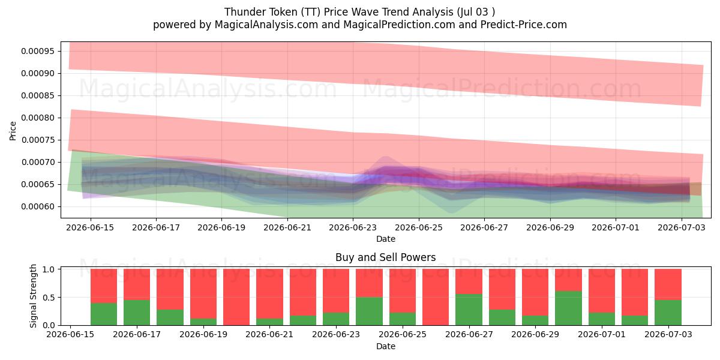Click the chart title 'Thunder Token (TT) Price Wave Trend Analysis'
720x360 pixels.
(x=339, y=12)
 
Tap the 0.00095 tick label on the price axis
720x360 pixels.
(x=38, y=51)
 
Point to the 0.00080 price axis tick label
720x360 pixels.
(x=38, y=118)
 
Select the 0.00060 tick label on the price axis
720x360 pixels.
(x=38, y=206)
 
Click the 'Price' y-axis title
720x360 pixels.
(x=13, y=131)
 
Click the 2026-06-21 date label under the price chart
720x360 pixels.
(x=287, y=227)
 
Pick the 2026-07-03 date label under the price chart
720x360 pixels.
(x=682, y=227)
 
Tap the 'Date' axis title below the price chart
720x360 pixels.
(x=386, y=239)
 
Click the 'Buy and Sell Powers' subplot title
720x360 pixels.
(x=386, y=257)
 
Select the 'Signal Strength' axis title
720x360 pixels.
(x=33, y=296)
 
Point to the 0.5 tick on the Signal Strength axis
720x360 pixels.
(x=49, y=298)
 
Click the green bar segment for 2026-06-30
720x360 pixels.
(x=568, y=308)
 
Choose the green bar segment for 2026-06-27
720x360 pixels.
(x=469, y=310)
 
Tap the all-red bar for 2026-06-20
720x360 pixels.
(x=236, y=297)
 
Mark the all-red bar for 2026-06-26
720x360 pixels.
(x=436, y=297)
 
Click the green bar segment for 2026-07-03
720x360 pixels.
(x=668, y=313)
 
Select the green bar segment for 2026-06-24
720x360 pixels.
(x=369, y=311)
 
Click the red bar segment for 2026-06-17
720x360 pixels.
(x=137, y=284)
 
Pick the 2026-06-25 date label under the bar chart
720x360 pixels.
(x=403, y=334)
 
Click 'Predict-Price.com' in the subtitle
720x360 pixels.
(x=524, y=25)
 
